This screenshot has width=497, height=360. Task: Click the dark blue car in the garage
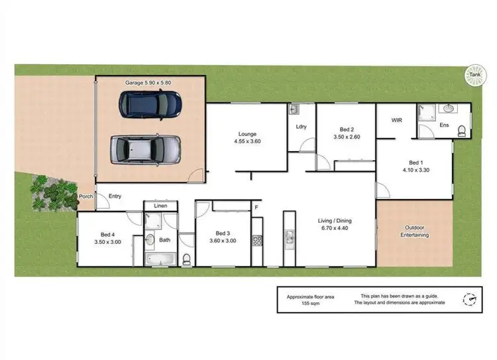coord(150,103)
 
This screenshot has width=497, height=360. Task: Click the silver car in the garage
coord(145,149)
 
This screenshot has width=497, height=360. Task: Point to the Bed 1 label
coord(415,162)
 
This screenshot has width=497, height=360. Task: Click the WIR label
coord(397,121)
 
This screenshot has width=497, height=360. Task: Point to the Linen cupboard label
coord(160,206)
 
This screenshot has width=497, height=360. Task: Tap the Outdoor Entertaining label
coord(415,231)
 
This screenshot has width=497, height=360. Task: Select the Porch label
coord(85,196)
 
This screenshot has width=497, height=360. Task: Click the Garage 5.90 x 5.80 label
coord(149,83)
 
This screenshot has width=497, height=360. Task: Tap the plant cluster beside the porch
coord(53,190)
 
